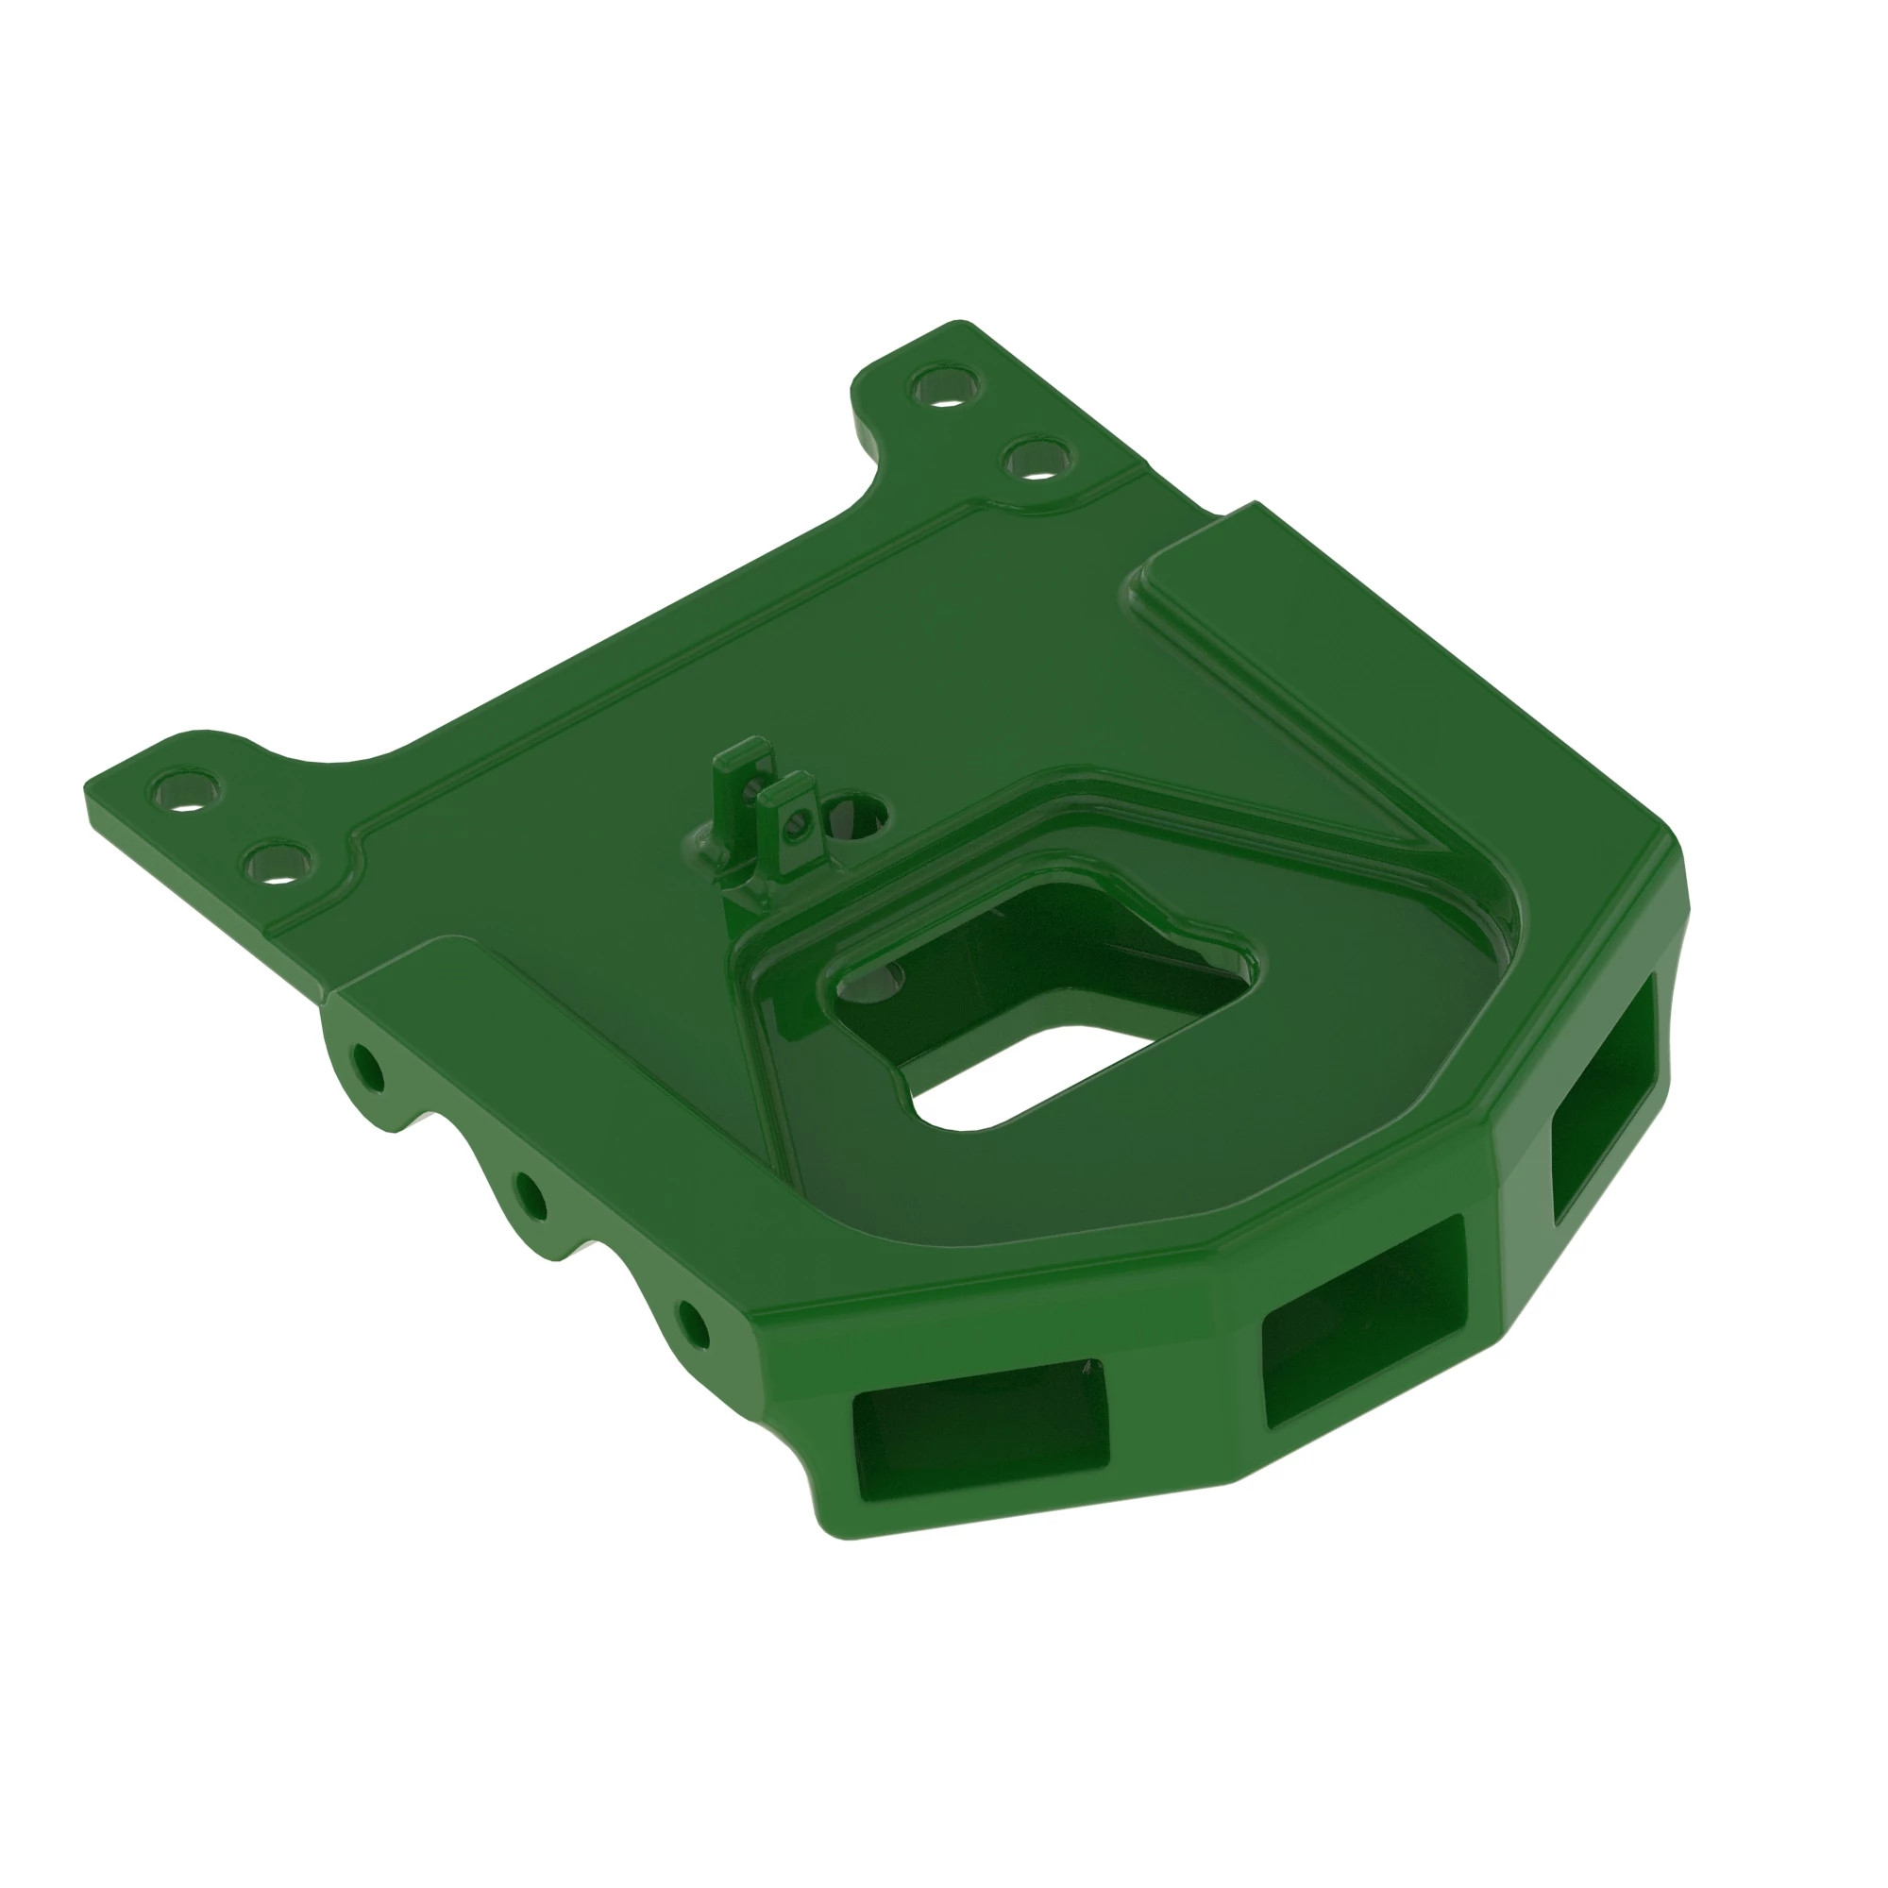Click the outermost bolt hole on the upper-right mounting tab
946,388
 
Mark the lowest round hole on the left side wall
693,1328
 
